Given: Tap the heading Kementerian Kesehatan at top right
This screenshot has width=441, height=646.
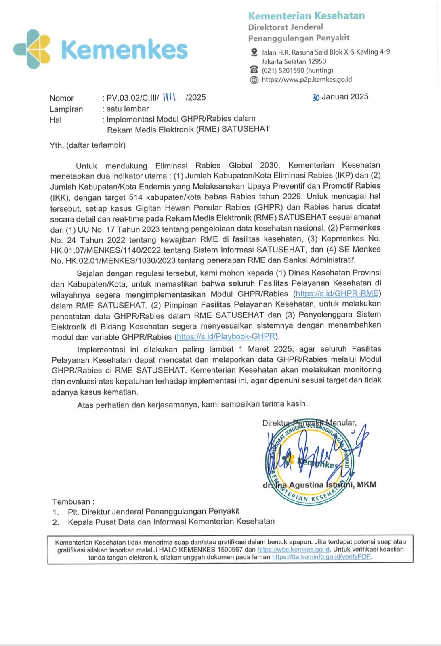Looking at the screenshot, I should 306,16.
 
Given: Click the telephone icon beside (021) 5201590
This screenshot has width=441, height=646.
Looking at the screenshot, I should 254,70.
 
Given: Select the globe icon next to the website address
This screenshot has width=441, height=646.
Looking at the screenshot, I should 254,80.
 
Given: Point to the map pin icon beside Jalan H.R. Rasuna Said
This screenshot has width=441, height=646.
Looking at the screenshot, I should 254,52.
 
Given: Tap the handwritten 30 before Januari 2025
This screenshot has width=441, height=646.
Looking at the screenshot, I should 316,97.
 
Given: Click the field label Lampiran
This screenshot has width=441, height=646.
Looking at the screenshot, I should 66,109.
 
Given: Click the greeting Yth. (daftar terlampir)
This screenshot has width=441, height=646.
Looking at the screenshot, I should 88,145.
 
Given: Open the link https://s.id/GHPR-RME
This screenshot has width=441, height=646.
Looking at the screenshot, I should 337,294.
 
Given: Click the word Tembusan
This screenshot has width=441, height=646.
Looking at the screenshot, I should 71,502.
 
